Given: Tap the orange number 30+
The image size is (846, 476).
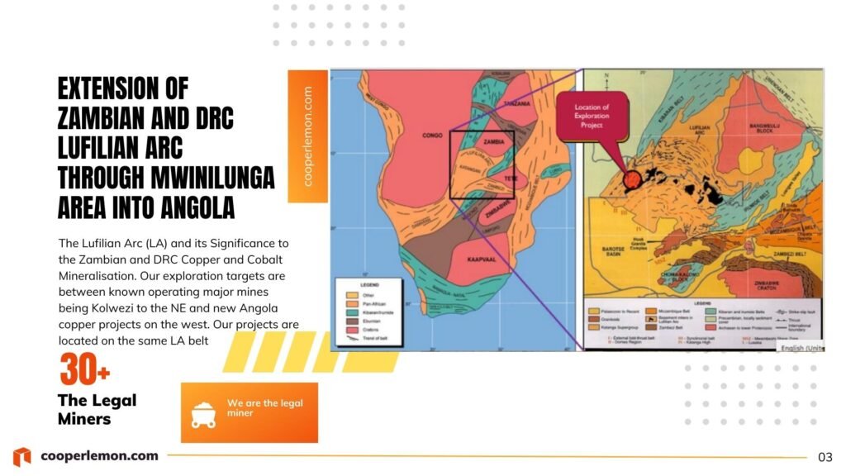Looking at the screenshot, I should [84, 369].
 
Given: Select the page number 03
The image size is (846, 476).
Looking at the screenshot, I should [825, 457].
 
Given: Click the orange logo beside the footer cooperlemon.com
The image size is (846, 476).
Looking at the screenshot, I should [22, 456].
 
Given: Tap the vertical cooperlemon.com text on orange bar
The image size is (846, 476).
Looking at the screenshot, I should [308, 136].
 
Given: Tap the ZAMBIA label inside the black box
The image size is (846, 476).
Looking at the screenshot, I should [495, 141].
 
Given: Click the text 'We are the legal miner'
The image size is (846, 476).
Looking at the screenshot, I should [264, 407].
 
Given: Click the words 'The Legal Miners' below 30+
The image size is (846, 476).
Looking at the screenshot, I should [96, 409].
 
